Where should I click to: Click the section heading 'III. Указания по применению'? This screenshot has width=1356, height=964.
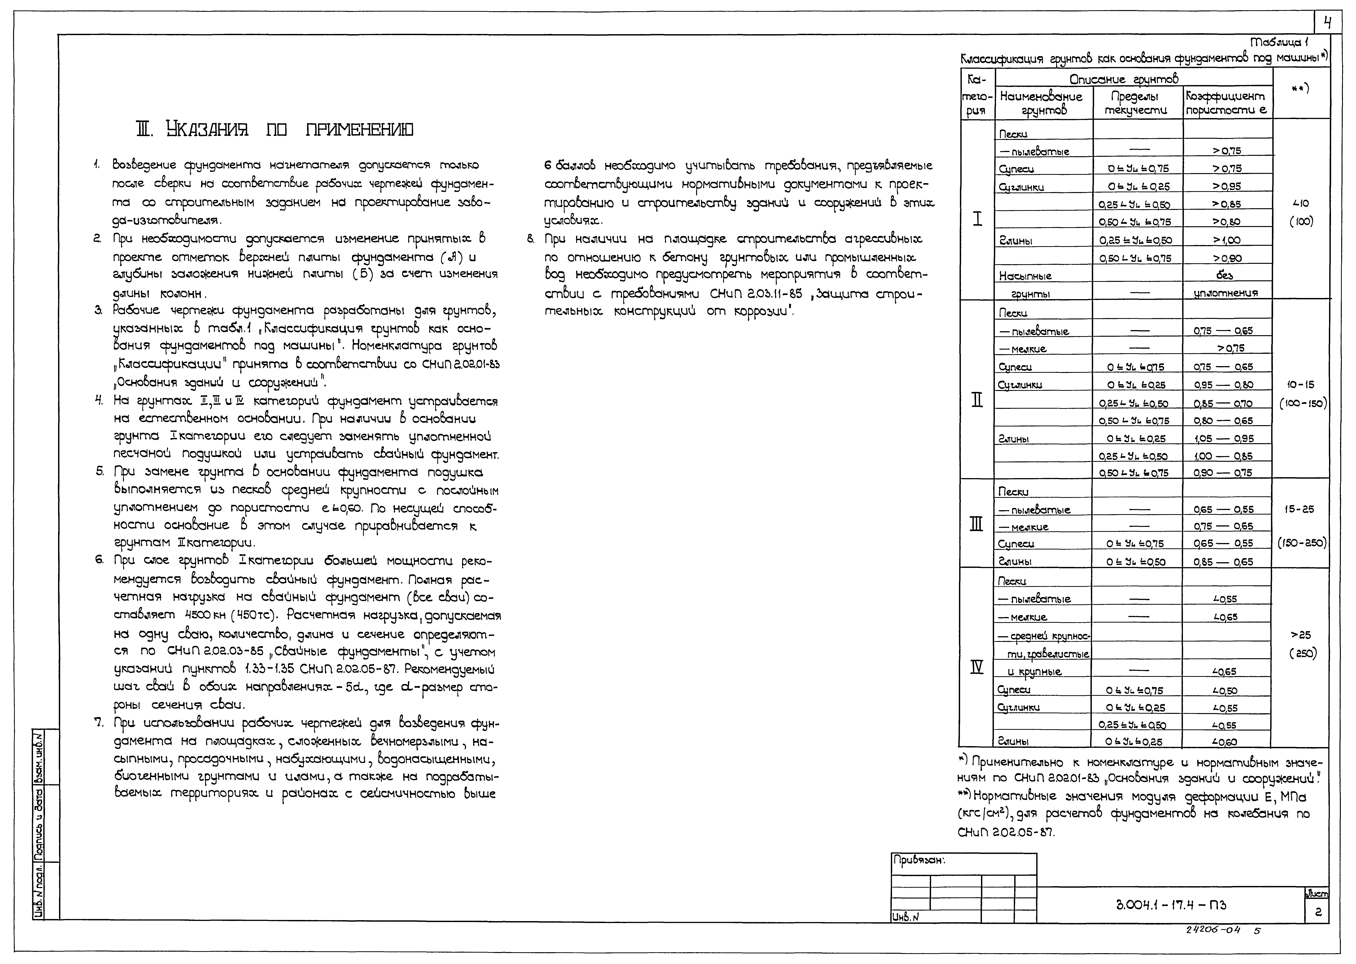tap(274, 129)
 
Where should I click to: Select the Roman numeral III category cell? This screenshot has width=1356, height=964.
tap(976, 525)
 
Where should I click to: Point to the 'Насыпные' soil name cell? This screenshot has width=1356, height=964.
tap(1025, 276)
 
